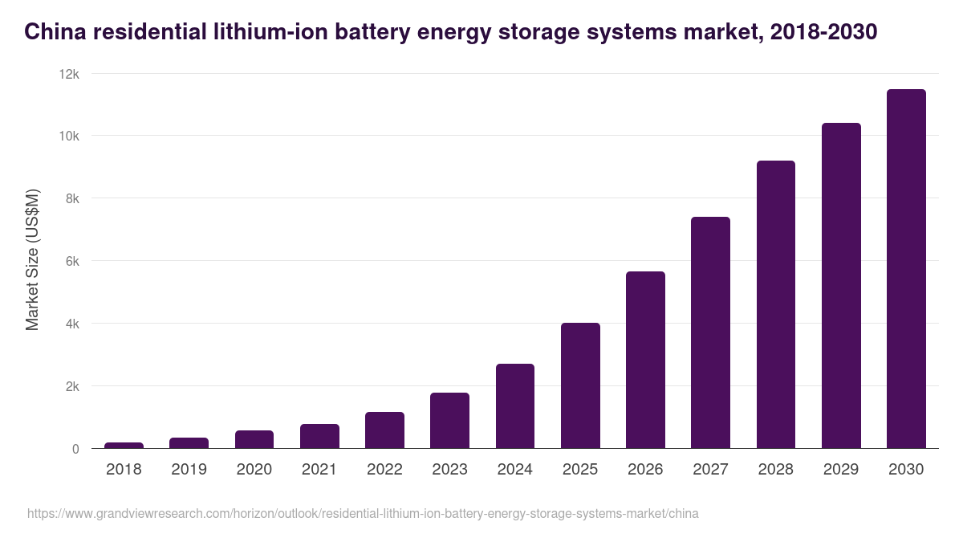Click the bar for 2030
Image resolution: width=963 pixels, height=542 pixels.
pyautogui.click(x=906, y=269)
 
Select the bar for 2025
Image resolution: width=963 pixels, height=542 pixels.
pyautogui.click(x=580, y=385)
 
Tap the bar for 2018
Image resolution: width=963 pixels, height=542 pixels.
pyautogui.click(x=124, y=445)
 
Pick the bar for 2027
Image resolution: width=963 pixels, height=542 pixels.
pyautogui.click(x=710, y=332)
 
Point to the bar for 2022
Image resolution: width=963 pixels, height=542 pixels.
pyautogui.click(x=384, y=430)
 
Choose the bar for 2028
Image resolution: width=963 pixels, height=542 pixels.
pyautogui.click(x=776, y=304)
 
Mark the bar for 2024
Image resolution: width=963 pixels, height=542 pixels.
pyautogui.click(x=515, y=406)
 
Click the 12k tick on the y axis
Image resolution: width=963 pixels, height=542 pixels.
pyautogui.click(x=69, y=74)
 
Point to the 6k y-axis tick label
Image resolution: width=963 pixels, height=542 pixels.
pyautogui.click(x=72, y=261)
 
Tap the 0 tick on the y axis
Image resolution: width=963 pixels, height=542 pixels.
pyautogui.click(x=75, y=449)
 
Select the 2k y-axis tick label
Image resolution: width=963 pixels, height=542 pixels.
pyautogui.click(x=72, y=386)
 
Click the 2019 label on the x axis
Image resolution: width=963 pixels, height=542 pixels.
pyautogui.click(x=189, y=470)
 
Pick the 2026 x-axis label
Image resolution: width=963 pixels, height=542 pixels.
pyautogui.click(x=645, y=470)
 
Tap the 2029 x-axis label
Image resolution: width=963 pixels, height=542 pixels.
pyautogui.click(x=841, y=470)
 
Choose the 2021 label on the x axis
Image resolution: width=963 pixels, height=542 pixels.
pyautogui.click(x=319, y=470)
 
